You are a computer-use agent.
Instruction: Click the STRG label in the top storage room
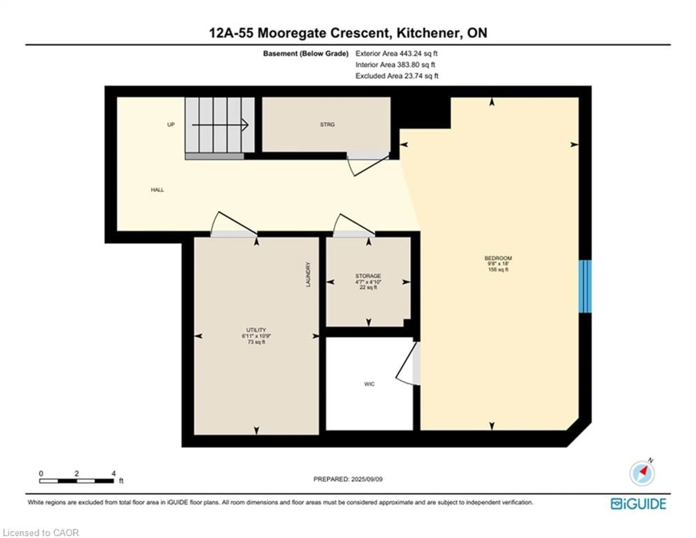[x=327, y=125]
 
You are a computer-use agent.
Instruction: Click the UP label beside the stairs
[x=171, y=125]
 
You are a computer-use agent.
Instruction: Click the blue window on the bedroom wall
[x=585, y=286]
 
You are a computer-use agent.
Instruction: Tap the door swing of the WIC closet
[x=408, y=364]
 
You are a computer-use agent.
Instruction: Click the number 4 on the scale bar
[x=113, y=474]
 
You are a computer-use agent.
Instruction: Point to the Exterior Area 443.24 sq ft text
[x=396, y=54]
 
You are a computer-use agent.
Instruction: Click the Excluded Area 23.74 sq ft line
[x=397, y=76]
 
